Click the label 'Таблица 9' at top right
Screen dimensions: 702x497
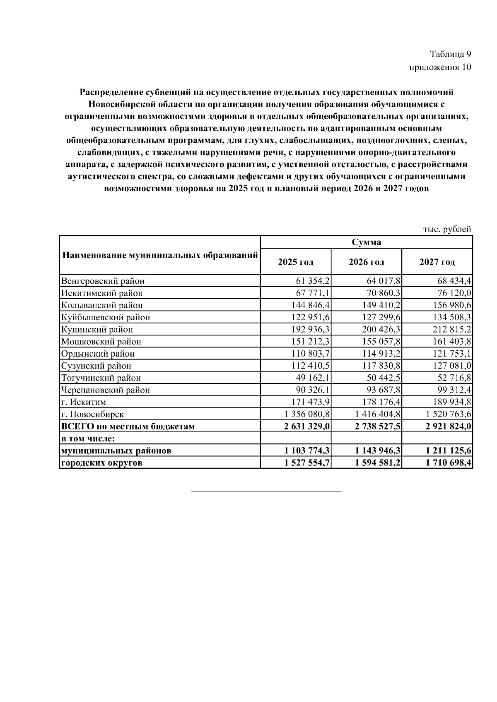click(x=450, y=54)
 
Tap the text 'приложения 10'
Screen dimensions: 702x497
click(x=440, y=67)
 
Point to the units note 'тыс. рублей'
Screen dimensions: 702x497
click(x=447, y=229)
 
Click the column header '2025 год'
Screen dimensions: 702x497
click(x=296, y=262)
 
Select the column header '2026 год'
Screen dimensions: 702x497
click(x=366, y=262)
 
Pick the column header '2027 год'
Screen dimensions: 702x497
click(x=437, y=262)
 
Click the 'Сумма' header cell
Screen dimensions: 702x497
click(x=366, y=242)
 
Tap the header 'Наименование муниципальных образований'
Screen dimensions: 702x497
click(x=160, y=255)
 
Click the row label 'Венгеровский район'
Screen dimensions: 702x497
click(x=103, y=281)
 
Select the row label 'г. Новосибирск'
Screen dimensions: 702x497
click(x=92, y=414)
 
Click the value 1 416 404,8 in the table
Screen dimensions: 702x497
click(x=377, y=414)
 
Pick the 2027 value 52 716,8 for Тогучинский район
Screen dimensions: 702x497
click(x=454, y=378)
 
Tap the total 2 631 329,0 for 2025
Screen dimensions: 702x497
click(x=307, y=426)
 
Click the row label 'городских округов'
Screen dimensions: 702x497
click(x=102, y=462)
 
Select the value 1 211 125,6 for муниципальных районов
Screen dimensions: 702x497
click(x=449, y=450)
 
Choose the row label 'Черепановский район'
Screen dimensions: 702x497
click(x=105, y=390)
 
